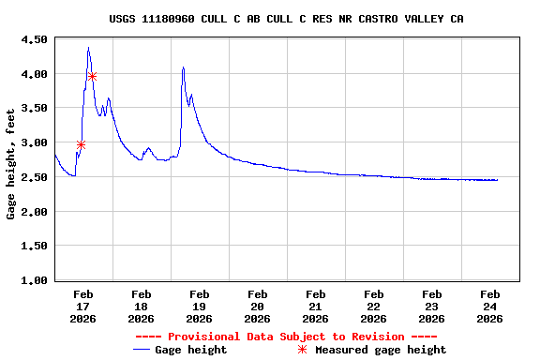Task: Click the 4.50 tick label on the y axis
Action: pyautogui.click(x=33, y=40)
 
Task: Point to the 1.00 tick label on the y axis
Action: pyautogui.click(x=33, y=280)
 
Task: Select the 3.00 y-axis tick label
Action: pyautogui.click(x=33, y=143)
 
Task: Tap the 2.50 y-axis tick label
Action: pyautogui.click(x=33, y=177)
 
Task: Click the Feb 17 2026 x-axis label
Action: pyautogui.click(x=82, y=306)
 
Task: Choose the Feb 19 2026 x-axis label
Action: pyautogui.click(x=199, y=306)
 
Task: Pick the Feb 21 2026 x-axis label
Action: pyautogui.click(x=315, y=306)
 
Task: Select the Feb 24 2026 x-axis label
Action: pyautogui.click(x=489, y=306)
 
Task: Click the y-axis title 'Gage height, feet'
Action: pyautogui.click(x=11, y=164)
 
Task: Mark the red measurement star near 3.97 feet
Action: pyautogui.click(x=92, y=76)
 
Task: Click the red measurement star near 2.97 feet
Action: pyautogui.click(x=81, y=144)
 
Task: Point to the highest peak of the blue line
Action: pyautogui.click(x=88, y=48)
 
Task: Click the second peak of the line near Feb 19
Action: pyautogui.click(x=183, y=67)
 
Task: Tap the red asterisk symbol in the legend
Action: pyautogui.click(x=302, y=350)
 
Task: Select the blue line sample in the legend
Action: pyautogui.click(x=142, y=350)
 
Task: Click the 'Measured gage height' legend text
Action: pyautogui.click(x=380, y=350)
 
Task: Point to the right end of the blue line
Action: pyautogui.click(x=497, y=180)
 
